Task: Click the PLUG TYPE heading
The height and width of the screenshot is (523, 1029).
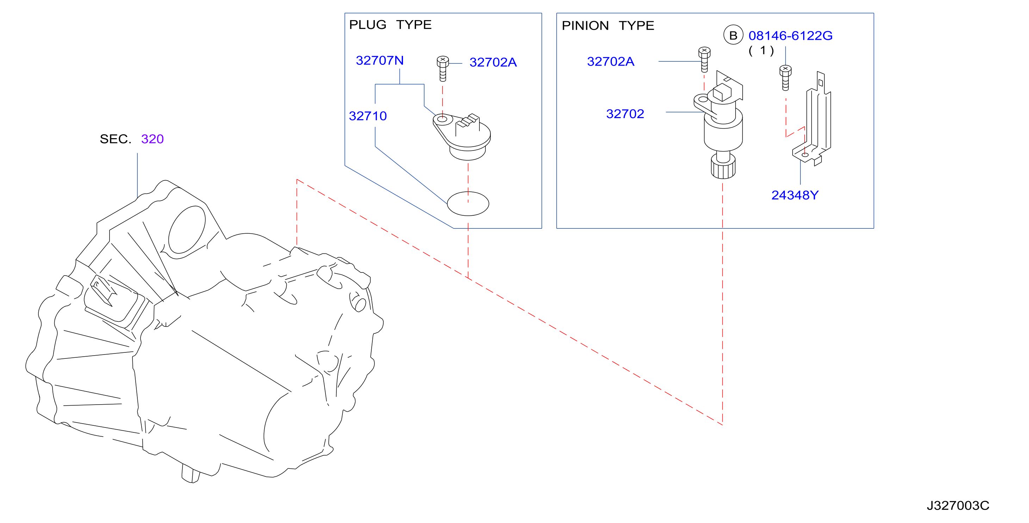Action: [390, 25]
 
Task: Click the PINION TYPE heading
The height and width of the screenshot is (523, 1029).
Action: [608, 26]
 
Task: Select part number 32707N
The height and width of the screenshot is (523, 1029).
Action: [379, 60]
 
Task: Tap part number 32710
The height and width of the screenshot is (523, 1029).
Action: [368, 116]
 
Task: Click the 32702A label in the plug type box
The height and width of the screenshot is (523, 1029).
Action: [493, 62]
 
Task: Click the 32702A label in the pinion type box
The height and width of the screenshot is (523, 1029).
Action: [610, 62]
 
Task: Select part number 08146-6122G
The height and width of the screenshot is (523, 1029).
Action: [791, 36]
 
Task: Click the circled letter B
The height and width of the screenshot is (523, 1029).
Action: [733, 35]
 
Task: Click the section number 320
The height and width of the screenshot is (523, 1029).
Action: [152, 139]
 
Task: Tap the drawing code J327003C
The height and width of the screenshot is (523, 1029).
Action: [958, 505]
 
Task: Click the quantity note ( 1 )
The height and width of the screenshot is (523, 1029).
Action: [761, 51]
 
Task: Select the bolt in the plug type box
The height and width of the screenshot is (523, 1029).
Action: [442, 68]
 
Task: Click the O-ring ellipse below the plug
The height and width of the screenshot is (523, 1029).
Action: [468, 204]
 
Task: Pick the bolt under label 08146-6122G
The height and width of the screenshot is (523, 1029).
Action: [785, 78]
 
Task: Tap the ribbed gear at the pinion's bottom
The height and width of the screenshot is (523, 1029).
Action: [723, 167]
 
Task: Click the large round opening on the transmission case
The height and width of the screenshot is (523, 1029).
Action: [187, 230]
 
